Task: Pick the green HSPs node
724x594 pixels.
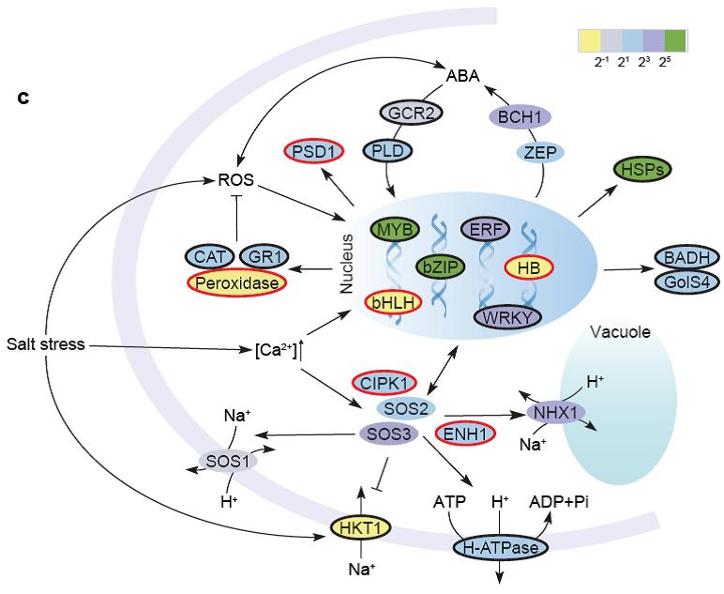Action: point(641,170)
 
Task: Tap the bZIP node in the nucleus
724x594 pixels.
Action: point(440,268)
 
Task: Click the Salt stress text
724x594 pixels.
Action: point(46,345)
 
